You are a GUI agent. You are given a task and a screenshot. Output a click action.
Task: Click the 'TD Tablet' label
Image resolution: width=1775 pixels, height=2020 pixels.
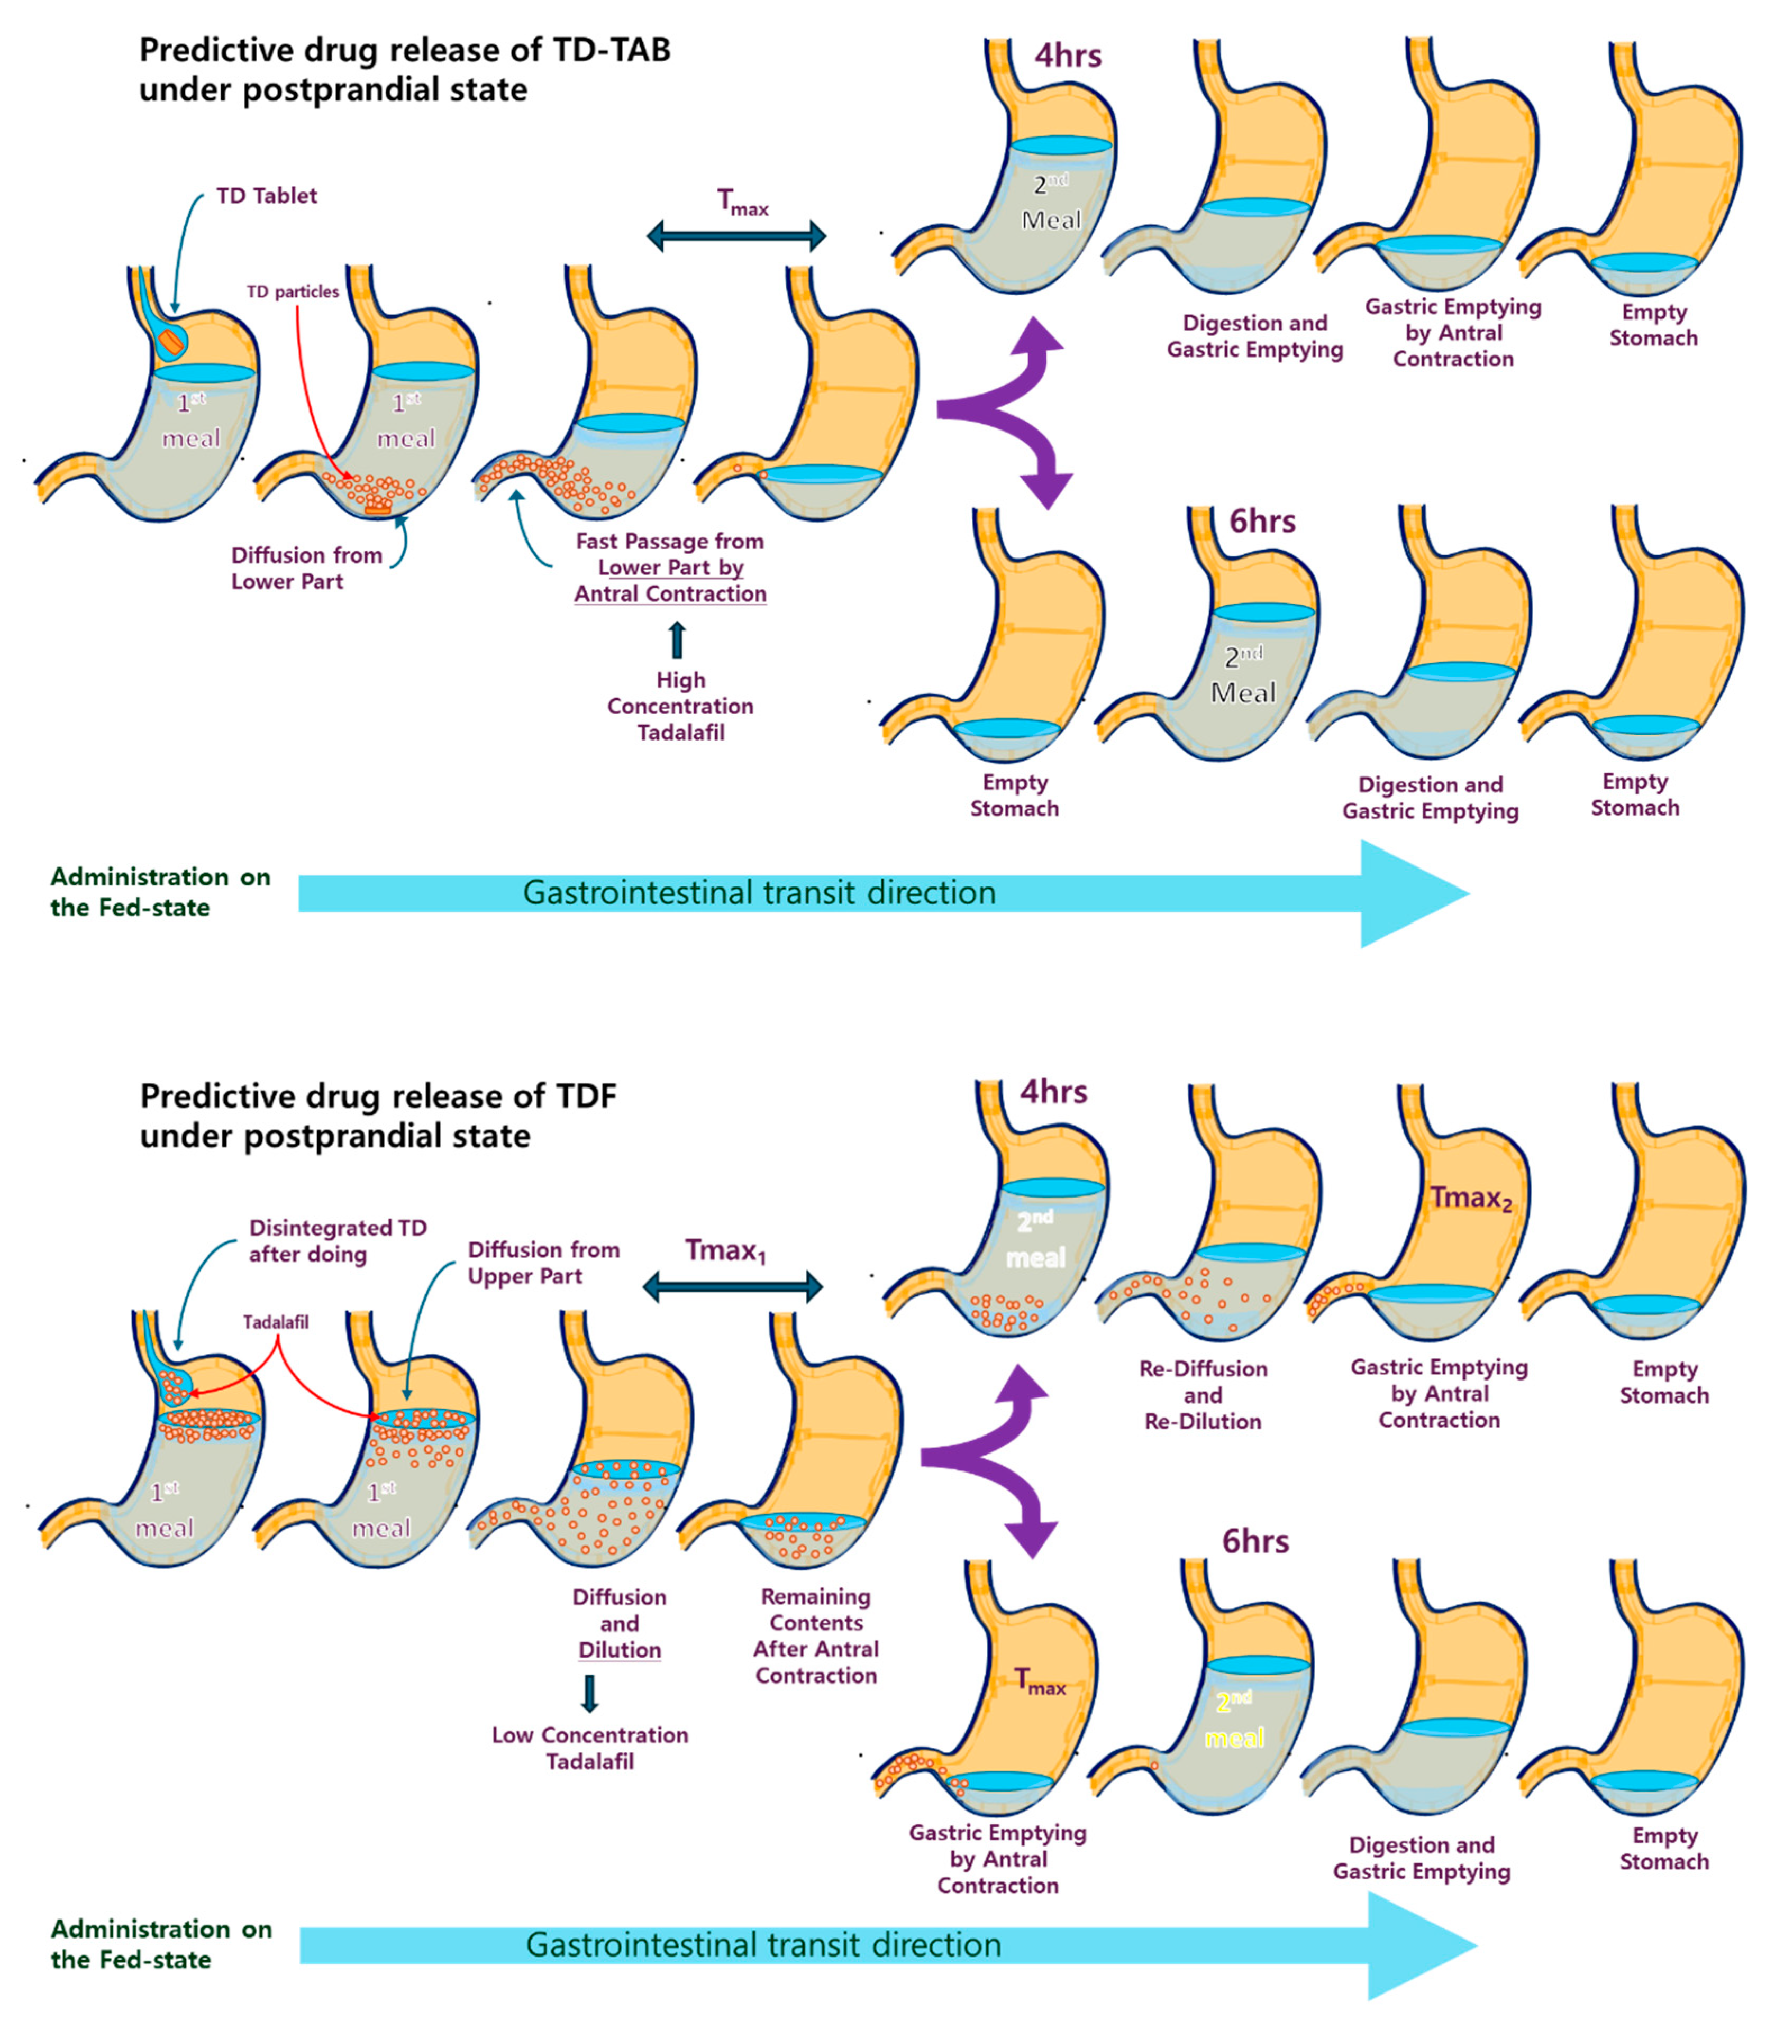coord(266,196)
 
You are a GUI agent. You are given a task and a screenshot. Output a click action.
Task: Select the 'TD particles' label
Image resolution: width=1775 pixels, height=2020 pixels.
coord(293,291)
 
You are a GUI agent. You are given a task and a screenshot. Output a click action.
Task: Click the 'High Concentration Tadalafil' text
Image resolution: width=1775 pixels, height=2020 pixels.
coord(680,706)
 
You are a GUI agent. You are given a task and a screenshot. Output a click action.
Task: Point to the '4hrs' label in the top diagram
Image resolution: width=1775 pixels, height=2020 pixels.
coord(1067,56)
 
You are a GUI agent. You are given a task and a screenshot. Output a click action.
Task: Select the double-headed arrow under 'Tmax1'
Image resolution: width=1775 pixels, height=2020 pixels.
coord(732,1287)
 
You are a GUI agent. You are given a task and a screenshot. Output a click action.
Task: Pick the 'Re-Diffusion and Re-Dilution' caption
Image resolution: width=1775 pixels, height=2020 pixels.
coord(1203,1394)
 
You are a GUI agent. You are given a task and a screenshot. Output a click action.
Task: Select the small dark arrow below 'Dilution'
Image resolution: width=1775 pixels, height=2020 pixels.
coord(590,1693)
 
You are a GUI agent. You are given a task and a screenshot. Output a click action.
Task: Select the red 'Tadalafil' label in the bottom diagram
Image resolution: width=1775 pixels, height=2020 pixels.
coord(276,1322)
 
